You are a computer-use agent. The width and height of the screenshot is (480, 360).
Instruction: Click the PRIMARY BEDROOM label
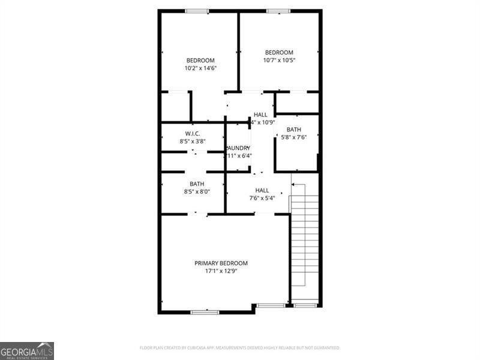(221, 263)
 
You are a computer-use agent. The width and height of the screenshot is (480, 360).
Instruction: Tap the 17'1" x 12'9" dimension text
(221, 271)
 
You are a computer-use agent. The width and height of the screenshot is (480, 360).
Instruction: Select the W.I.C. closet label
(193, 133)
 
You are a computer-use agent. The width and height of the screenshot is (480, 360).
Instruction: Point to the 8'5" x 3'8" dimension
(193, 141)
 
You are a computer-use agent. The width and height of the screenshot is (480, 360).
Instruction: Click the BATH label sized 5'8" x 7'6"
(293, 130)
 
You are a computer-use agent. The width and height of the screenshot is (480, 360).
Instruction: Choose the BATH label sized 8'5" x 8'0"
(197, 184)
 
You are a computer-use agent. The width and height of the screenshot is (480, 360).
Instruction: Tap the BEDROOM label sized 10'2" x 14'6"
(200, 60)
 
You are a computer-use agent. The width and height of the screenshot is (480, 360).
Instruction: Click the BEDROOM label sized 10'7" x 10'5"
(280, 52)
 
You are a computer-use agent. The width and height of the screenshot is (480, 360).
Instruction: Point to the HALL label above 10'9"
(260, 115)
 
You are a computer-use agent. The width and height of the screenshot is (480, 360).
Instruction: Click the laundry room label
(238, 148)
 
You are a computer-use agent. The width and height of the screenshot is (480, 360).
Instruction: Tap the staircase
(304, 240)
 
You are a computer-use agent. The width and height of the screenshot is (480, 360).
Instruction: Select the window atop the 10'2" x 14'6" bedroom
(197, 11)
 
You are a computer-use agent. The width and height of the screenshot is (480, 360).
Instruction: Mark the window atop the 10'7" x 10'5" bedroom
(278, 11)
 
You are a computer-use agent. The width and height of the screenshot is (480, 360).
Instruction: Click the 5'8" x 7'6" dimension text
(293, 137)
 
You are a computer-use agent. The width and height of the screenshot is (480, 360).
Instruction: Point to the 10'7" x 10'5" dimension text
(280, 60)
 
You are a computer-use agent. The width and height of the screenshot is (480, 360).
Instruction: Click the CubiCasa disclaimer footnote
(240, 347)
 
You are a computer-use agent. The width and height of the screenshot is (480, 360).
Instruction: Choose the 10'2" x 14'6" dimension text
(200, 68)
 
